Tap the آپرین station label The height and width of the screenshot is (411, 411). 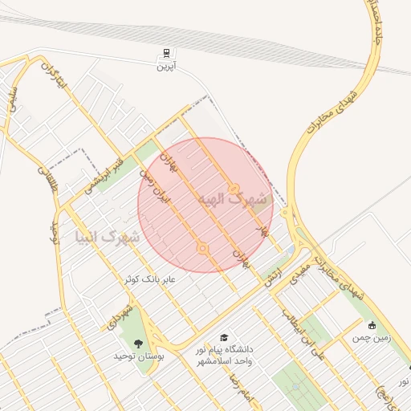[x=165, y=67]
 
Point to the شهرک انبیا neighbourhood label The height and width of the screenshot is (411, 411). [x=106, y=238]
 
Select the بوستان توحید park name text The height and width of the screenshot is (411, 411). [x=138, y=355]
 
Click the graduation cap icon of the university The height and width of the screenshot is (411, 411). [x=223, y=338]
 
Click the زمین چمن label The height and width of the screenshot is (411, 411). [x=372, y=339]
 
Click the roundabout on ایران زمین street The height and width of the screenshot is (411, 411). [x=202, y=249]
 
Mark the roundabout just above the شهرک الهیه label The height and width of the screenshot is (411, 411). [x=234, y=189]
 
